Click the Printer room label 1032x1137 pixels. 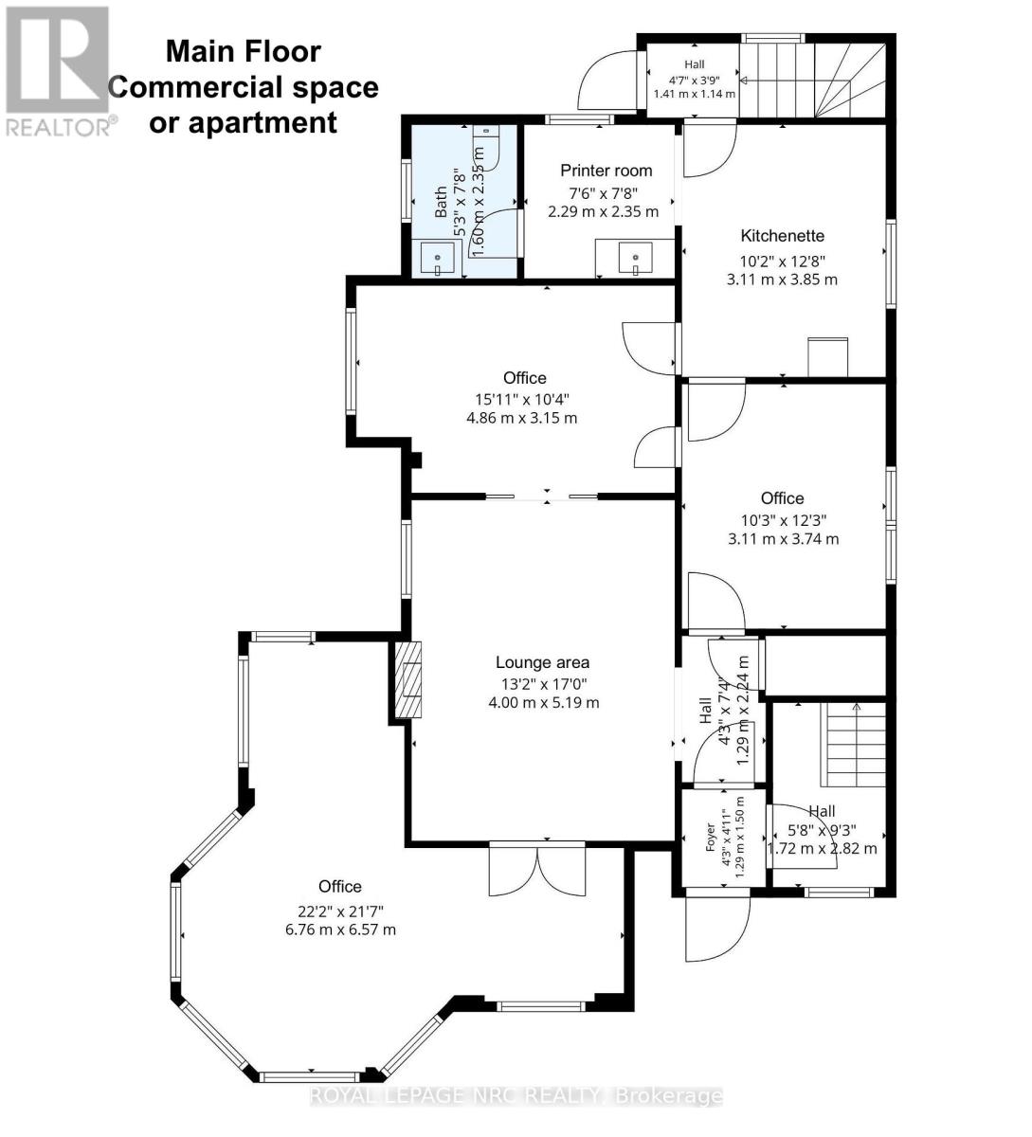(x=606, y=171)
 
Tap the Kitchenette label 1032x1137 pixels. (x=783, y=236)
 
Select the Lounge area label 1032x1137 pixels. (x=543, y=662)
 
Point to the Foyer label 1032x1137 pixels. (x=710, y=838)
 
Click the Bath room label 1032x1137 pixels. (x=441, y=203)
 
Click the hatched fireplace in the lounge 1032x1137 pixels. (x=408, y=680)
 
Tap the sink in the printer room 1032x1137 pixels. (x=634, y=259)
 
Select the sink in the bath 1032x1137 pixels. (x=437, y=259)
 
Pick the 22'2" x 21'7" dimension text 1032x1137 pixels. (x=341, y=911)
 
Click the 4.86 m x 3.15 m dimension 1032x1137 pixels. (x=521, y=418)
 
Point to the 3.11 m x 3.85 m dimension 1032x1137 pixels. (x=782, y=280)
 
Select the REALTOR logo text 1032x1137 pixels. (x=59, y=127)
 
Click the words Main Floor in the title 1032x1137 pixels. (x=244, y=52)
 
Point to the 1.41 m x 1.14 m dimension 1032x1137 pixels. (x=695, y=94)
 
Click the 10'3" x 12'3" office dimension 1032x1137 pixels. (x=783, y=520)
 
